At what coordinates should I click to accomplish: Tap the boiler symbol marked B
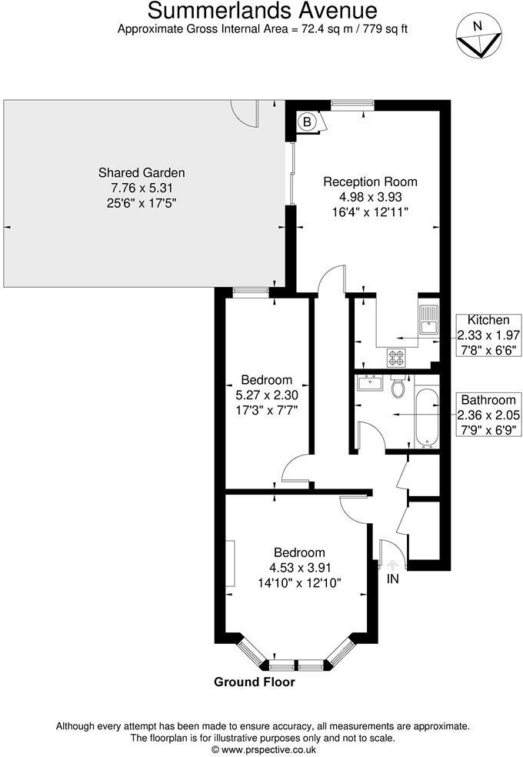click(306, 122)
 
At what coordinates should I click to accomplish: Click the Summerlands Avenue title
click(262, 11)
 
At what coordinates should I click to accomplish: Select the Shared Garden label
click(142, 172)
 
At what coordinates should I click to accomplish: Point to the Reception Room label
click(370, 182)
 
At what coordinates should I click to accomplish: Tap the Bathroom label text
click(488, 400)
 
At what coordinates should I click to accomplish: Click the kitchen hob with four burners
click(397, 357)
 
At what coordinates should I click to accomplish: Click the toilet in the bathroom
click(398, 388)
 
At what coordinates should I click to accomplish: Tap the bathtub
click(426, 418)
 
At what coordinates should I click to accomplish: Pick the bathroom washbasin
click(371, 382)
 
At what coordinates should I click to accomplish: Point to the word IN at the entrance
click(393, 579)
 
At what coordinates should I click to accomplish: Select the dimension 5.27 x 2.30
click(266, 395)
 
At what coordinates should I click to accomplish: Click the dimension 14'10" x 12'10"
click(300, 583)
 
